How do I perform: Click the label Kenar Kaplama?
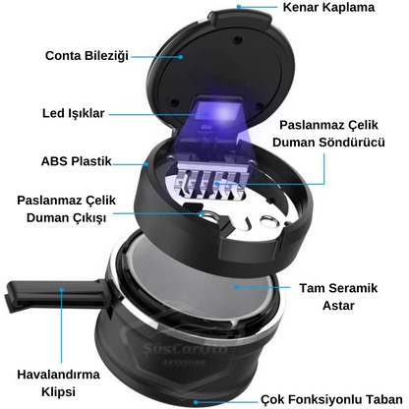coord(328,7)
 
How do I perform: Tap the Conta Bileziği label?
coord(87,56)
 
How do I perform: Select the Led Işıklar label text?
coord(74,113)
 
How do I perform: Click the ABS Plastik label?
coord(77,161)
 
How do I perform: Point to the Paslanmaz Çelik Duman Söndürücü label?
coord(328,134)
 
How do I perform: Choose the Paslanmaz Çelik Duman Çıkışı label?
coord(67,209)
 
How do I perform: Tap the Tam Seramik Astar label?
coord(338,297)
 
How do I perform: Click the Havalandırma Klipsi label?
coord(58,383)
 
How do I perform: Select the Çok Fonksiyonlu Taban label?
coord(331,400)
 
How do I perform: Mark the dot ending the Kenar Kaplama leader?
coord(239,6)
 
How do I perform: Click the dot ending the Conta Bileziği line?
coord(180,56)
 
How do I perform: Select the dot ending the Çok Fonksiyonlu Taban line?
coord(196,402)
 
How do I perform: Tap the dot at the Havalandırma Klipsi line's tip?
coord(62,289)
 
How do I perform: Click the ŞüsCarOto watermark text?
coord(185,348)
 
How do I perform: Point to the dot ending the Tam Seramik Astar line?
coord(236,287)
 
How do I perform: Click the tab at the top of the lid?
coord(241,17)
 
